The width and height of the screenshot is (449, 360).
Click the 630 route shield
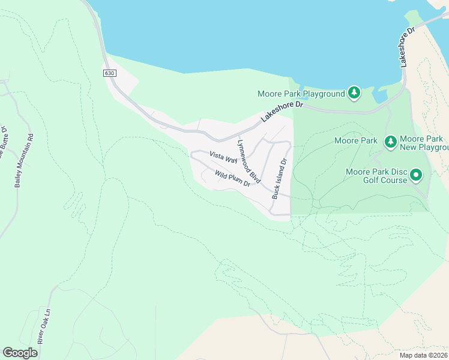[x=109, y=73]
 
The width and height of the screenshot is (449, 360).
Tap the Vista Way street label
[x=223, y=157]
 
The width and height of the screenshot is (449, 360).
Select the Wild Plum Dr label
[x=232, y=179]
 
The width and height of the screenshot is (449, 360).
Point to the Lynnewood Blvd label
[x=249, y=161]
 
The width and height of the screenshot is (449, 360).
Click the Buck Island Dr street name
[x=280, y=178]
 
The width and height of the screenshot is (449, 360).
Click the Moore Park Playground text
[x=301, y=94]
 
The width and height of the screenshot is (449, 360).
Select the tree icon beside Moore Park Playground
[x=355, y=92]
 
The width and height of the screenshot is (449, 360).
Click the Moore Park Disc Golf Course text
[x=376, y=176]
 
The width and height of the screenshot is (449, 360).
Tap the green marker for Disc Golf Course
[x=416, y=176]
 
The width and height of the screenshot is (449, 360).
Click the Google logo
[x=20, y=352]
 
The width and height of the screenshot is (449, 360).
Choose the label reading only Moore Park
[x=355, y=141]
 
